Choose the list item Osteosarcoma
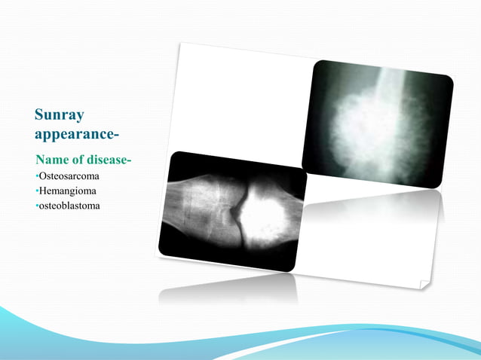click(69, 175)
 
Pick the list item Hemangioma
click(68, 191)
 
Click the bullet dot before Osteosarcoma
click(36, 176)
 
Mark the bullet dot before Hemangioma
click(36, 191)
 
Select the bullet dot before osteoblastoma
click(36, 206)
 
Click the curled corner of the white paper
click(424, 284)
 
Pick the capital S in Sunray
click(40, 115)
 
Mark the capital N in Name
click(41, 160)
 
